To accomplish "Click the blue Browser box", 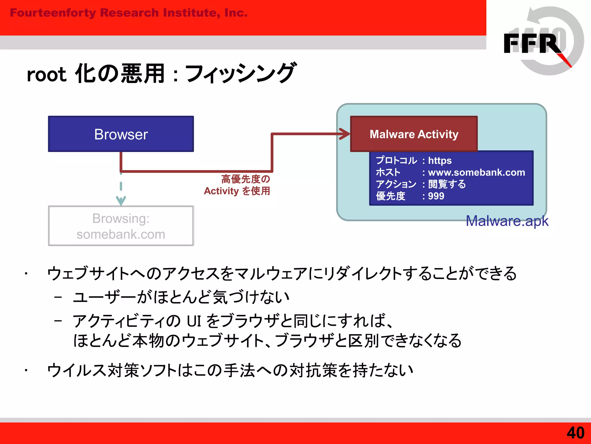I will pos(121,134).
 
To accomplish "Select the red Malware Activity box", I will pos(414,134).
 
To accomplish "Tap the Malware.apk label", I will pos(507,221).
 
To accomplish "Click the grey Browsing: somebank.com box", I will pos(121,226).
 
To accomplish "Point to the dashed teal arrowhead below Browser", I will pos(121,200).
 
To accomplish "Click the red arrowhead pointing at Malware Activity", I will pos(345,134).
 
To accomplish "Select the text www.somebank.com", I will pos(476,173).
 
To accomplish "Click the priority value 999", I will pos(436,196).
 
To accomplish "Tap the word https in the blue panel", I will pos(440,160).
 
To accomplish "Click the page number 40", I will pos(575,433).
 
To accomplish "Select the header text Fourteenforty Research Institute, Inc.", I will pos(129,13).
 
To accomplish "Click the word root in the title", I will pos(46,75).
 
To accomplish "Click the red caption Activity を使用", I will pos(237,191).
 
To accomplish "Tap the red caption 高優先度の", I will pos(246,179).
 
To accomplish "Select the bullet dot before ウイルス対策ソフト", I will pos(26,370).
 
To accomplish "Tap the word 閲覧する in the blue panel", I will pos(447,184).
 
